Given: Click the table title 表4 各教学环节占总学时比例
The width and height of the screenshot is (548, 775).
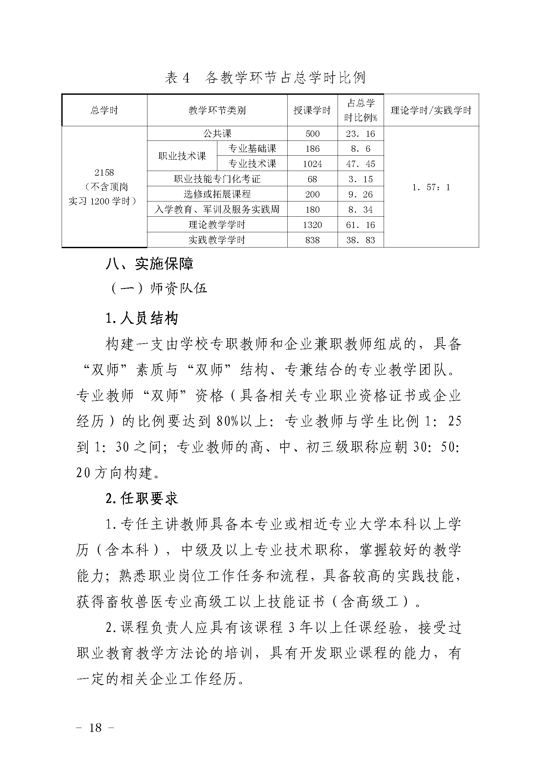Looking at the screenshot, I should coord(265,78).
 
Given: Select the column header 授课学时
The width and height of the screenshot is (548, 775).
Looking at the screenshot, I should coord(312,110).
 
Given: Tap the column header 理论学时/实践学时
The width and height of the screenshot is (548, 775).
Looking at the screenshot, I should coord(431,110).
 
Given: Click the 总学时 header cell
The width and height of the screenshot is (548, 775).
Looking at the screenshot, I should coord(104,110).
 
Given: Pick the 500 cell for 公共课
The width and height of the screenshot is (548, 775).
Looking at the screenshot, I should coord(312,134).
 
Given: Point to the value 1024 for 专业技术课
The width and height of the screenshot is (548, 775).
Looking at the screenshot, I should coord(312,164).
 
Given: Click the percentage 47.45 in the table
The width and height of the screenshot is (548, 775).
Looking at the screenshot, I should coord(360,164).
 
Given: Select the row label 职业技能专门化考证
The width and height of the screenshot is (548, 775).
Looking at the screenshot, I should coord(217,179).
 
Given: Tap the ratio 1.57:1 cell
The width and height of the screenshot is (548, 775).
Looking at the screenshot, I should coord(431,187).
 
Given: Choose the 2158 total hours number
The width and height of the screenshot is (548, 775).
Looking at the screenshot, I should coord(104,173).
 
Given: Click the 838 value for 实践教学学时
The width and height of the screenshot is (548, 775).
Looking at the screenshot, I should coord(312,240).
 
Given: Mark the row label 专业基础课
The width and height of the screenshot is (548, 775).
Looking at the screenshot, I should coord(252,148).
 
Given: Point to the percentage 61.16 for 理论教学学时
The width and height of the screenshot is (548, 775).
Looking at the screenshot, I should coord(360,225).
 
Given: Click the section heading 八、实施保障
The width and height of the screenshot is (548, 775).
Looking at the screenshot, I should coord(149,264).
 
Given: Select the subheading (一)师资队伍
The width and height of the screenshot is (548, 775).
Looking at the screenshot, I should coord(159,289).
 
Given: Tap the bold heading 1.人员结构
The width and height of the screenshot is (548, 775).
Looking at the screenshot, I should coord(142,318).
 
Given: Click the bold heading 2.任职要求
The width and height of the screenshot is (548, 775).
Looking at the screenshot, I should coord(142,499).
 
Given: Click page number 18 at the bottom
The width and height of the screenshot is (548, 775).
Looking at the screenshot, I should coord(95,728).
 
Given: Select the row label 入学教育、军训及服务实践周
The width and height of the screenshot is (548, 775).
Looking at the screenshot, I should coord(217,210).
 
